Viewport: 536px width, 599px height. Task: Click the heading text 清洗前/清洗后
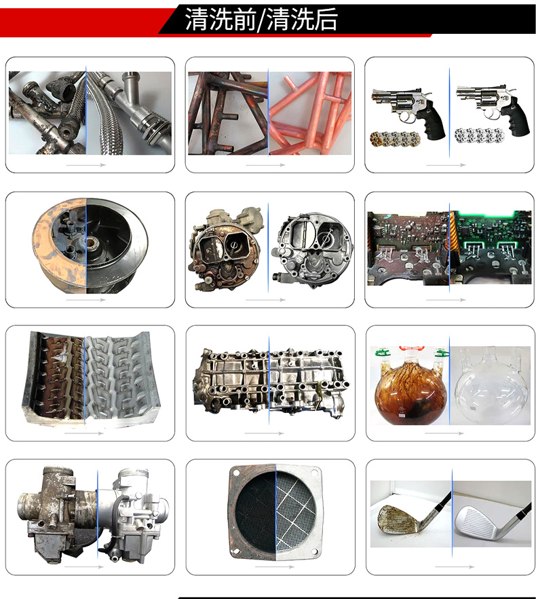[261, 20]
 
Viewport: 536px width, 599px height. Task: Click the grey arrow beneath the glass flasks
[445, 433]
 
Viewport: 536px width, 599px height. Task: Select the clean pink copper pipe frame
[309, 112]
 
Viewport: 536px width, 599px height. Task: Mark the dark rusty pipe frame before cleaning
[227, 112]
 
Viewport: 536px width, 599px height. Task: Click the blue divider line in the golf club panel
[451, 516]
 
